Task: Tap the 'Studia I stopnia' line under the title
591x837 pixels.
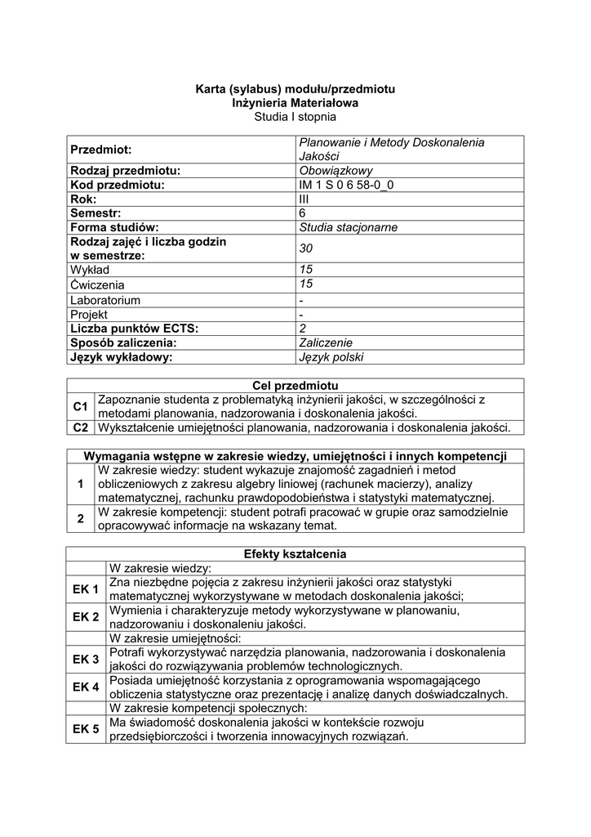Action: click(295, 117)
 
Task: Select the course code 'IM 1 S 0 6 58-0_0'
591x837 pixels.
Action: click(351, 185)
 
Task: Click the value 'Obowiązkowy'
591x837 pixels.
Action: click(336, 170)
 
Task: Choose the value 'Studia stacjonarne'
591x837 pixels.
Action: click(349, 227)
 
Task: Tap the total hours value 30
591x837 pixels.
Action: click(306, 248)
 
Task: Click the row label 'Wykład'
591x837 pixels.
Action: click(90, 270)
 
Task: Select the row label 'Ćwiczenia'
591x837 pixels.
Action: click(97, 284)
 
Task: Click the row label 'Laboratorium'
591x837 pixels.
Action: click(104, 300)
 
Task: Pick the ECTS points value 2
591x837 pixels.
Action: click(304, 329)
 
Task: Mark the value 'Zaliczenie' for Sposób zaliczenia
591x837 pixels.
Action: click(327, 342)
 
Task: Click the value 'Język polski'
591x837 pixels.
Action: click(331, 357)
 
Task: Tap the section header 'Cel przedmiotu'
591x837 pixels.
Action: click(295, 385)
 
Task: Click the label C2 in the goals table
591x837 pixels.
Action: click(80, 427)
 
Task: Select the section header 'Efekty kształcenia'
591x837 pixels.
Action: click(295, 554)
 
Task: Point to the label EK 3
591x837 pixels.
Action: click(86, 660)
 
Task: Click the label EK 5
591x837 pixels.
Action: click(86, 729)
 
